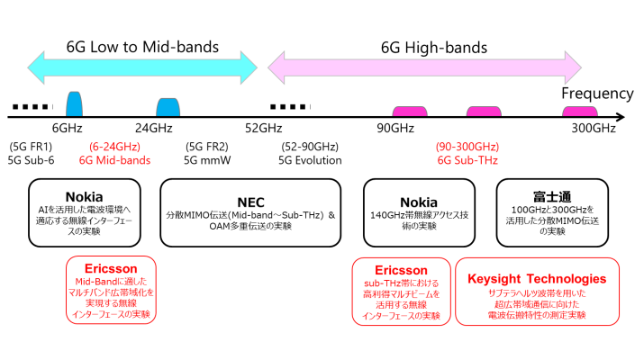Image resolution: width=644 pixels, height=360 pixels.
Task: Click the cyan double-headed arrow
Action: (141, 65)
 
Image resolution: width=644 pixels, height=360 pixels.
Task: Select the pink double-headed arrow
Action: (424, 65)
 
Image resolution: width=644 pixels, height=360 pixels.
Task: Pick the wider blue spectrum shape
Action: (168, 106)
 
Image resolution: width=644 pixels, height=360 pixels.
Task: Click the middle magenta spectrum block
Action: (483, 111)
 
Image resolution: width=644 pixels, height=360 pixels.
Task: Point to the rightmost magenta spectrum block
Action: (579, 111)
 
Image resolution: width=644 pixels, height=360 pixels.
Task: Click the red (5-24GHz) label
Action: (114, 147)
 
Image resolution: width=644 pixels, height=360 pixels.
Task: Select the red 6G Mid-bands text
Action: (114, 160)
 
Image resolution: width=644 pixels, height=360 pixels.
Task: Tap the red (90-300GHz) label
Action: (467, 147)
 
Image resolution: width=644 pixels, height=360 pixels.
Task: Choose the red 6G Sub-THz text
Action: (467, 160)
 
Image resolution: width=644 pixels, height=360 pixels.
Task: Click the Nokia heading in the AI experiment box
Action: (84, 197)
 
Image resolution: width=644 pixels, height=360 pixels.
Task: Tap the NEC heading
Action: (249, 202)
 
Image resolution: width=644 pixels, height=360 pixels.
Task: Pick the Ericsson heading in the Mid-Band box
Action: (112, 269)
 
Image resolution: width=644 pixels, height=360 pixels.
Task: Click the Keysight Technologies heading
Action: (537, 279)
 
